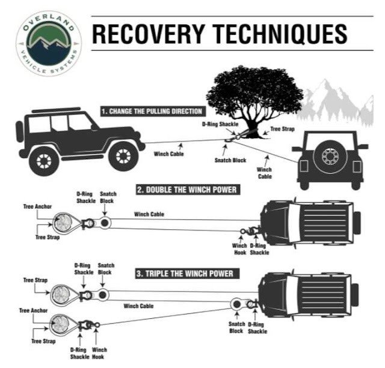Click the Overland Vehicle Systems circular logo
coord(48,37)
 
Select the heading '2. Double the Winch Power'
coord(186,190)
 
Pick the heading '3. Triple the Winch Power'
coord(184,273)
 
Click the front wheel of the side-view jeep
coord(123,157)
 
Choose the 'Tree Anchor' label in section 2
coord(37,207)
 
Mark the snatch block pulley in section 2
coord(105,223)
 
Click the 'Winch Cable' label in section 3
coord(138,306)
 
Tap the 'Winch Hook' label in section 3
coord(100,353)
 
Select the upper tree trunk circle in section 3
coord(60,295)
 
